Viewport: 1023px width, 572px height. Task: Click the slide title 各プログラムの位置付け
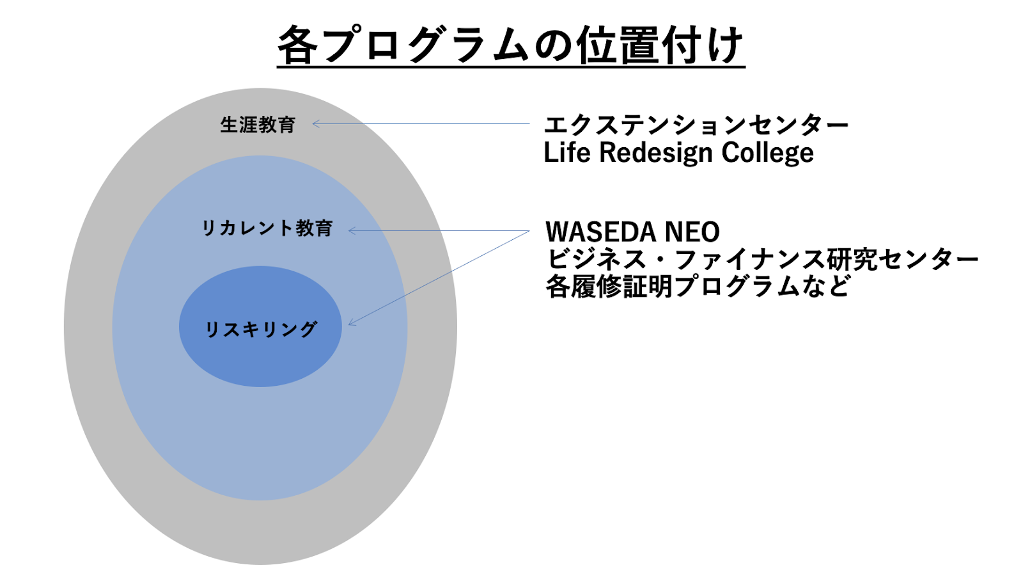click(511, 45)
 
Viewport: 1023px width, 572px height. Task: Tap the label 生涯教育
click(258, 125)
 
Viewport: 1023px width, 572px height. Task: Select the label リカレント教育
click(267, 228)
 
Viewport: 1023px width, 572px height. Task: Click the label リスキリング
click(260, 329)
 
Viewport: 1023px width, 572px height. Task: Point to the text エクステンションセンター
click(696, 125)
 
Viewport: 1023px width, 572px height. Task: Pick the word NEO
click(692, 232)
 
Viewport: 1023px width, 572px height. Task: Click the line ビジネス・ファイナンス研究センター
click(761, 259)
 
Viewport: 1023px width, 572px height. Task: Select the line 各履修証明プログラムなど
click(698, 287)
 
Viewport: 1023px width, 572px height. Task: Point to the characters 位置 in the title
click(618, 45)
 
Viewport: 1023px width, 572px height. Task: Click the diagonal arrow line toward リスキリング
click(439, 278)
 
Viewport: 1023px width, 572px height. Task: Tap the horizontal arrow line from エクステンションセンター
click(421, 124)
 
